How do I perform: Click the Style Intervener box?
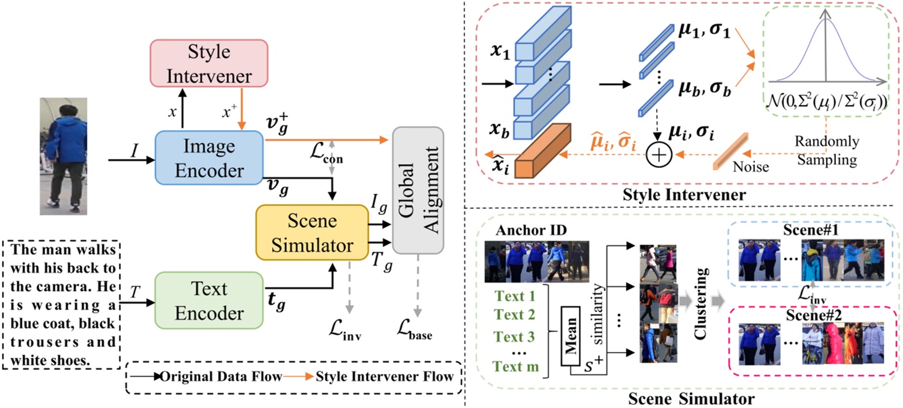[199, 63]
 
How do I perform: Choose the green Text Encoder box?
[210, 301]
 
